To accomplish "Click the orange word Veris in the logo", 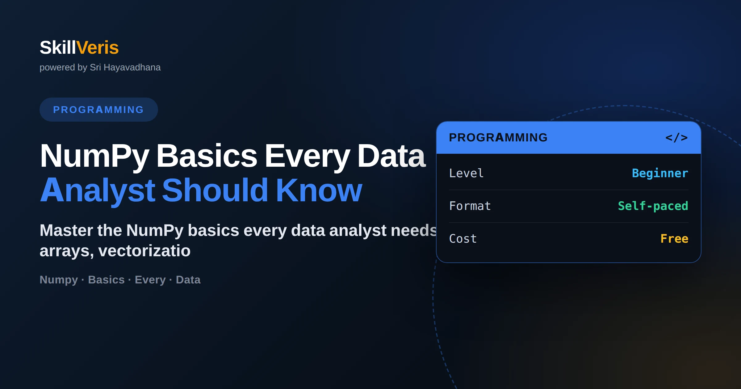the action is [x=98, y=48].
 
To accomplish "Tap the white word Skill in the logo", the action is [x=58, y=48].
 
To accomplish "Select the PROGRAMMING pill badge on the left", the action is [x=99, y=110].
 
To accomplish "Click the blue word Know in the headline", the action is [x=319, y=190].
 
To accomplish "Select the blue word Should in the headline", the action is [x=215, y=190].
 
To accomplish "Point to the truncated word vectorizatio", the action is [x=144, y=251].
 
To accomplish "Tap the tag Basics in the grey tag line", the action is [x=106, y=280].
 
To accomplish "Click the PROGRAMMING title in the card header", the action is [x=498, y=138].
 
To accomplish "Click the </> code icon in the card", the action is [x=676, y=138].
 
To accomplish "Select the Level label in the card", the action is [x=466, y=173].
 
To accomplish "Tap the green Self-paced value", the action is [x=653, y=206].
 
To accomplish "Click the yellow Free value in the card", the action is [x=674, y=239].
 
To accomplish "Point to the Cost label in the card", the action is [x=463, y=239].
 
